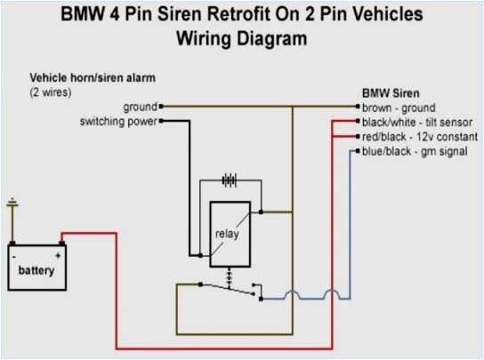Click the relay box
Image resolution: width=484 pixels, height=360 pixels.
click(x=230, y=234)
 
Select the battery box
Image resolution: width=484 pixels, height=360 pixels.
click(x=35, y=267)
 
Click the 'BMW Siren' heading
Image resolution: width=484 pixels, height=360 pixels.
click(x=390, y=92)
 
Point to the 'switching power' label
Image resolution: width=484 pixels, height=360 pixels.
click(x=118, y=120)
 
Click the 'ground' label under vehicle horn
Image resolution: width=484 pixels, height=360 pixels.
click(x=140, y=106)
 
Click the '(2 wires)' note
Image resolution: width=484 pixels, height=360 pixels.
click(x=51, y=91)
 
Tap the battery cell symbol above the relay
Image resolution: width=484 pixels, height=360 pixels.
click(x=230, y=180)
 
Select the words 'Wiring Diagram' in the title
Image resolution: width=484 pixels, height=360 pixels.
click(x=241, y=39)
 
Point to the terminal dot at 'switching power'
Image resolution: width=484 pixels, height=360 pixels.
click(x=161, y=120)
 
